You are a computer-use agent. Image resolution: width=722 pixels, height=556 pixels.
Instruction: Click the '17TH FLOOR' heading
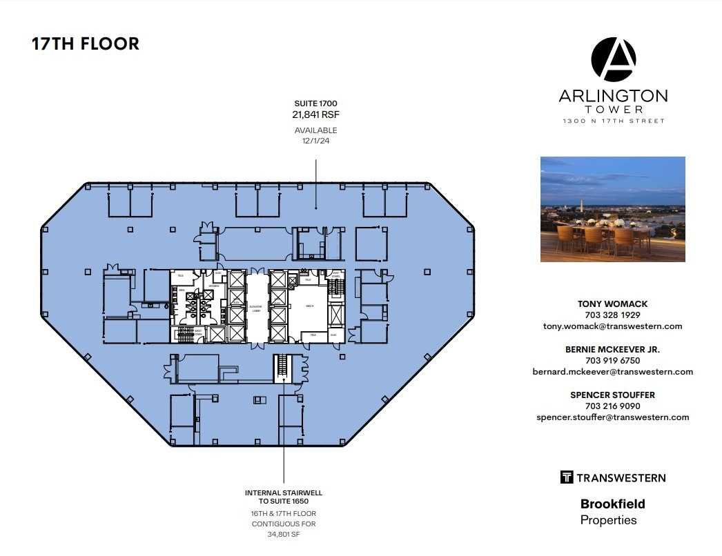[x=86, y=43]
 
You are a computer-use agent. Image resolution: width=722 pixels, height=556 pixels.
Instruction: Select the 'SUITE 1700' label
[x=316, y=103]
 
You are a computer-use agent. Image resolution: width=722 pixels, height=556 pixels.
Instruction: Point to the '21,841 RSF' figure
[x=316, y=115]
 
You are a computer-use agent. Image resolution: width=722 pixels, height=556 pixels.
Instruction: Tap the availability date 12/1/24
[x=316, y=141]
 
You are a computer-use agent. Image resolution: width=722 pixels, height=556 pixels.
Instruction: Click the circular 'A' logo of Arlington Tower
[x=613, y=60]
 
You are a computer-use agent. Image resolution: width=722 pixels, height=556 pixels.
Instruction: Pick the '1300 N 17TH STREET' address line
[x=613, y=121]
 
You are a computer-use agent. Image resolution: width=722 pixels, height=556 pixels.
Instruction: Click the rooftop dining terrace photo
[x=613, y=209]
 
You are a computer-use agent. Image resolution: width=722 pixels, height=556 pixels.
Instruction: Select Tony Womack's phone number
[x=613, y=315]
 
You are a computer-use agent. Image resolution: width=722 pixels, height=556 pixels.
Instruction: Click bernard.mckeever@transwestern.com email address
[x=613, y=372]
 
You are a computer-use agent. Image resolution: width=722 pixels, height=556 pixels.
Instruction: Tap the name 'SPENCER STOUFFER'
[x=613, y=395]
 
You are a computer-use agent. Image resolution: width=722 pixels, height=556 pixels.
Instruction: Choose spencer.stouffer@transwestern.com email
[x=613, y=417]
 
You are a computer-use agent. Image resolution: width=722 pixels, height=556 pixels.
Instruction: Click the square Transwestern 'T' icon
[x=567, y=477]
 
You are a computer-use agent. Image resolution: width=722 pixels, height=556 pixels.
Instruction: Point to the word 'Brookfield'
[x=613, y=504]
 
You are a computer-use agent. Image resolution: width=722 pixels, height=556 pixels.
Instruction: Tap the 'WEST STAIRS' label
[x=197, y=332]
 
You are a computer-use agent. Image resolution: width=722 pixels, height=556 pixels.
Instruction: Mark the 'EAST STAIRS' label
[x=336, y=274]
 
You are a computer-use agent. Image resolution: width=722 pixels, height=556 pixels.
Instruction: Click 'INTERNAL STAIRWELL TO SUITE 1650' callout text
[x=284, y=497]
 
